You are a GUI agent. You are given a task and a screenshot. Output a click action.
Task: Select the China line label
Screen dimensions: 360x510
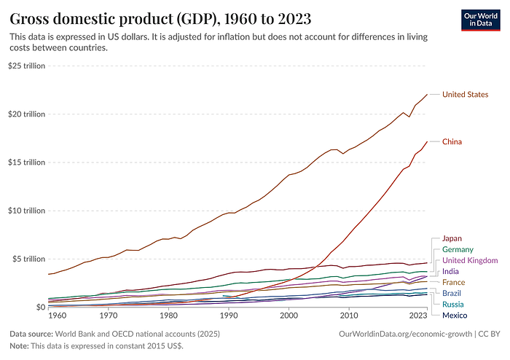(453, 141)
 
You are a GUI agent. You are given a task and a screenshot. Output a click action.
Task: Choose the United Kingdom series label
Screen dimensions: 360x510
(470, 260)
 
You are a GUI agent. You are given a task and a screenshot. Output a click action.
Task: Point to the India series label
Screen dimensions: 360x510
(452, 271)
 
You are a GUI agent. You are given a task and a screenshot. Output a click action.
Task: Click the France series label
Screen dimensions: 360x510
(455, 282)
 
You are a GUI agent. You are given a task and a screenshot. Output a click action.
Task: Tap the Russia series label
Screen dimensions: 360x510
(454, 304)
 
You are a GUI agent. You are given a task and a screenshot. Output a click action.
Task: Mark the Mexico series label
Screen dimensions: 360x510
(455, 315)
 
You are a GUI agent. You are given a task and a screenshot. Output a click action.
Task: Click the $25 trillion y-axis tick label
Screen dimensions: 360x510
(27, 66)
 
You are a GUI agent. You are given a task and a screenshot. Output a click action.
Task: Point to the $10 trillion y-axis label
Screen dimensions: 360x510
(27, 211)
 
